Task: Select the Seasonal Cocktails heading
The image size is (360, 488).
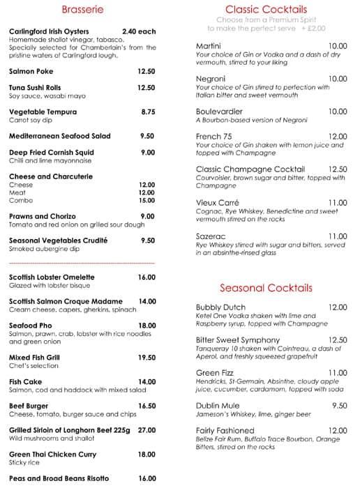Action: [x=266, y=288]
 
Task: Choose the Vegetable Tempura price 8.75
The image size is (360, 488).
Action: [x=147, y=112]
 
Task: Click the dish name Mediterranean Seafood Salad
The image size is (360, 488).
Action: [x=61, y=136]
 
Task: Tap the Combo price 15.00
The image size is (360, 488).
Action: [x=147, y=201]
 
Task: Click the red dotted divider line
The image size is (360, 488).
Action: [x=82, y=264]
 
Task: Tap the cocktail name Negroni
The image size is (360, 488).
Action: [x=211, y=79]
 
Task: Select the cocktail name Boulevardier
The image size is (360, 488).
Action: [x=221, y=112]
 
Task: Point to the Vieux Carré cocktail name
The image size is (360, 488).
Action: [x=218, y=203]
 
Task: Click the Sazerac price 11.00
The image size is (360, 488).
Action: [x=338, y=236]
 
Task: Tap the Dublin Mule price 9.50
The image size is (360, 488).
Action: [x=339, y=406]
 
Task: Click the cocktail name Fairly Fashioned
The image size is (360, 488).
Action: [x=225, y=431]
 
